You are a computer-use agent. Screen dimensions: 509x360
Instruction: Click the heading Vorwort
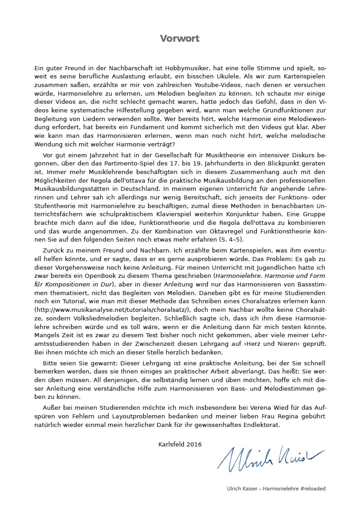(180, 39)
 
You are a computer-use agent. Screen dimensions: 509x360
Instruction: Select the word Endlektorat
(262, 425)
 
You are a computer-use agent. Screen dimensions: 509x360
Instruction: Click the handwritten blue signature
(270, 456)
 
